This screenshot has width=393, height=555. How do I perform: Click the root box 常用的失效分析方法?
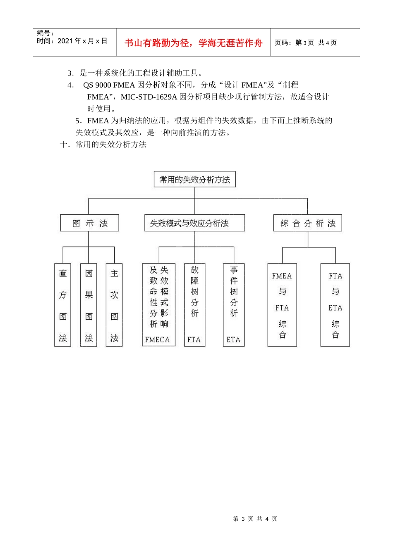pos(194,179)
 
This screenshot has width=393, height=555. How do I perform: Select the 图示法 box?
pos(89,223)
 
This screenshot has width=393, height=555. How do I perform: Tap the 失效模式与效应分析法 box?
pos(194,223)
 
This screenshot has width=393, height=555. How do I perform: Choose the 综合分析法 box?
pos(307,223)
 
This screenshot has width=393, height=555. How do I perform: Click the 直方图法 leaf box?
pos(63,305)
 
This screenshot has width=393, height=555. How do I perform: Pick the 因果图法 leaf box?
pos(89,305)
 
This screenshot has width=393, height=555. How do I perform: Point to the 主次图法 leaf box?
pos(114,305)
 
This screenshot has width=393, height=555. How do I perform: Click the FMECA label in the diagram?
pos(158,339)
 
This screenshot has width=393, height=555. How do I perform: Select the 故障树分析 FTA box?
pos(194,305)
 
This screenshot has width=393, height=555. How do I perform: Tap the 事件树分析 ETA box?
pos(234,305)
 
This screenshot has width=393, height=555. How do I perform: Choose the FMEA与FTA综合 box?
pos(282,305)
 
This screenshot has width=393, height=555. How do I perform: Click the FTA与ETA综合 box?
pos(335,305)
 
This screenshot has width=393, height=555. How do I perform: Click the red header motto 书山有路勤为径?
pos(194,43)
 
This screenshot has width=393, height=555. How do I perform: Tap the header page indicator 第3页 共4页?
pos(306,43)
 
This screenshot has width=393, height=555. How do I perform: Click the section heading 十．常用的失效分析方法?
pos(103,144)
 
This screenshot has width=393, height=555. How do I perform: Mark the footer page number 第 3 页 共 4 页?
pos(255,519)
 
